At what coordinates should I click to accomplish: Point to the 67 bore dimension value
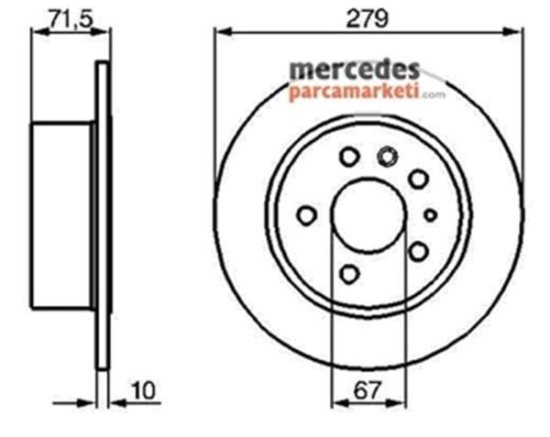coord(368,390)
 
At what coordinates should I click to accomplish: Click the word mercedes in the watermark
coord(355,70)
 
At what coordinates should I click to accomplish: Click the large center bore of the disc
coord(368,216)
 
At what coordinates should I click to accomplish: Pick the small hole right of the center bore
coord(430,215)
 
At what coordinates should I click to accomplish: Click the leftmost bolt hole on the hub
coord(307,215)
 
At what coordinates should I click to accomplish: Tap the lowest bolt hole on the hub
coord(349,273)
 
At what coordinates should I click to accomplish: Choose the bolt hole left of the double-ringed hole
coord(349,158)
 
